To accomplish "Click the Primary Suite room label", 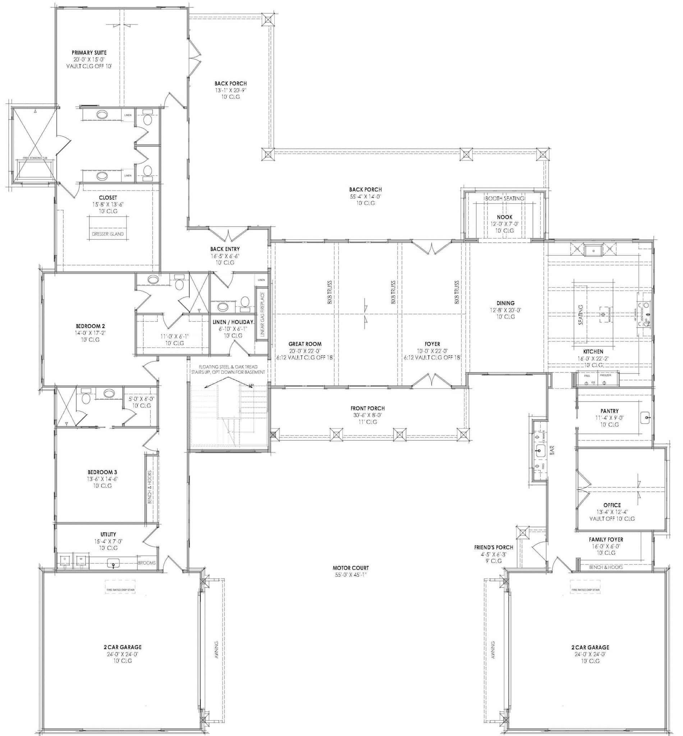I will pos(89,52).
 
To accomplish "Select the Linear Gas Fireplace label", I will pos(262,314).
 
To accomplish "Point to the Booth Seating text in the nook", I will pos(504,198).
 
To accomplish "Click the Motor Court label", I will pos(350,568).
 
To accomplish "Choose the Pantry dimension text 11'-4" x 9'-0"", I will pos(609,418).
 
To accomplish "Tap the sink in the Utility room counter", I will pos(114,563).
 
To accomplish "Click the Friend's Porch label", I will pos(494,547).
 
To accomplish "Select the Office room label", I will pos(612,505).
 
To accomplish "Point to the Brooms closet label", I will pos(147,563).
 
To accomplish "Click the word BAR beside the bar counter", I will pos(553,450).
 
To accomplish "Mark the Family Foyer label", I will pos(606,540).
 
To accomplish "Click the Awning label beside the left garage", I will pos(216,649).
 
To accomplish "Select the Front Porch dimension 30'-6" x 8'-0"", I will pos(367,415).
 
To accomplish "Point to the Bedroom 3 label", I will pos(102,472).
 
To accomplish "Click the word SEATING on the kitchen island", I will pos(581,315).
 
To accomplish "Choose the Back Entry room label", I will pos(225,249).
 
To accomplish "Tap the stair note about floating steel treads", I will pos(228,369).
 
